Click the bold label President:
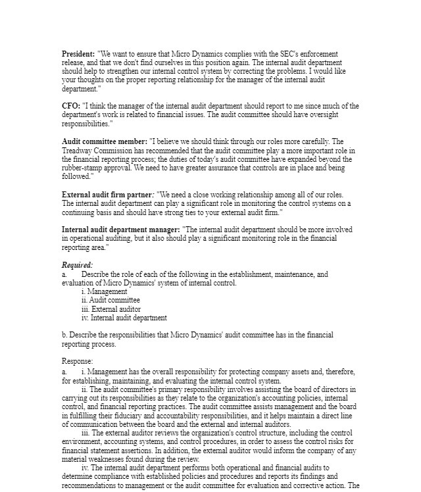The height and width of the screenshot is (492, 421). pos(78,53)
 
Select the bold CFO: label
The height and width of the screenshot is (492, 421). pos(71,106)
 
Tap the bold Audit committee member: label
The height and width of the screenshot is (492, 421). pos(105,141)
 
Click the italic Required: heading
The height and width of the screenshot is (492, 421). pos(78,265)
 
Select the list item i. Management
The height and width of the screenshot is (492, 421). pos(105,291)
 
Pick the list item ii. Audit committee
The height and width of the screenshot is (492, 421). pos(111,300)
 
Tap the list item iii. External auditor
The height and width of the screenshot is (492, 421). pos(111,309)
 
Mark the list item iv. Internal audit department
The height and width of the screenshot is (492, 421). pos(124,318)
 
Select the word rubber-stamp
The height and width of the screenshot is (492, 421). pos(82,168)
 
